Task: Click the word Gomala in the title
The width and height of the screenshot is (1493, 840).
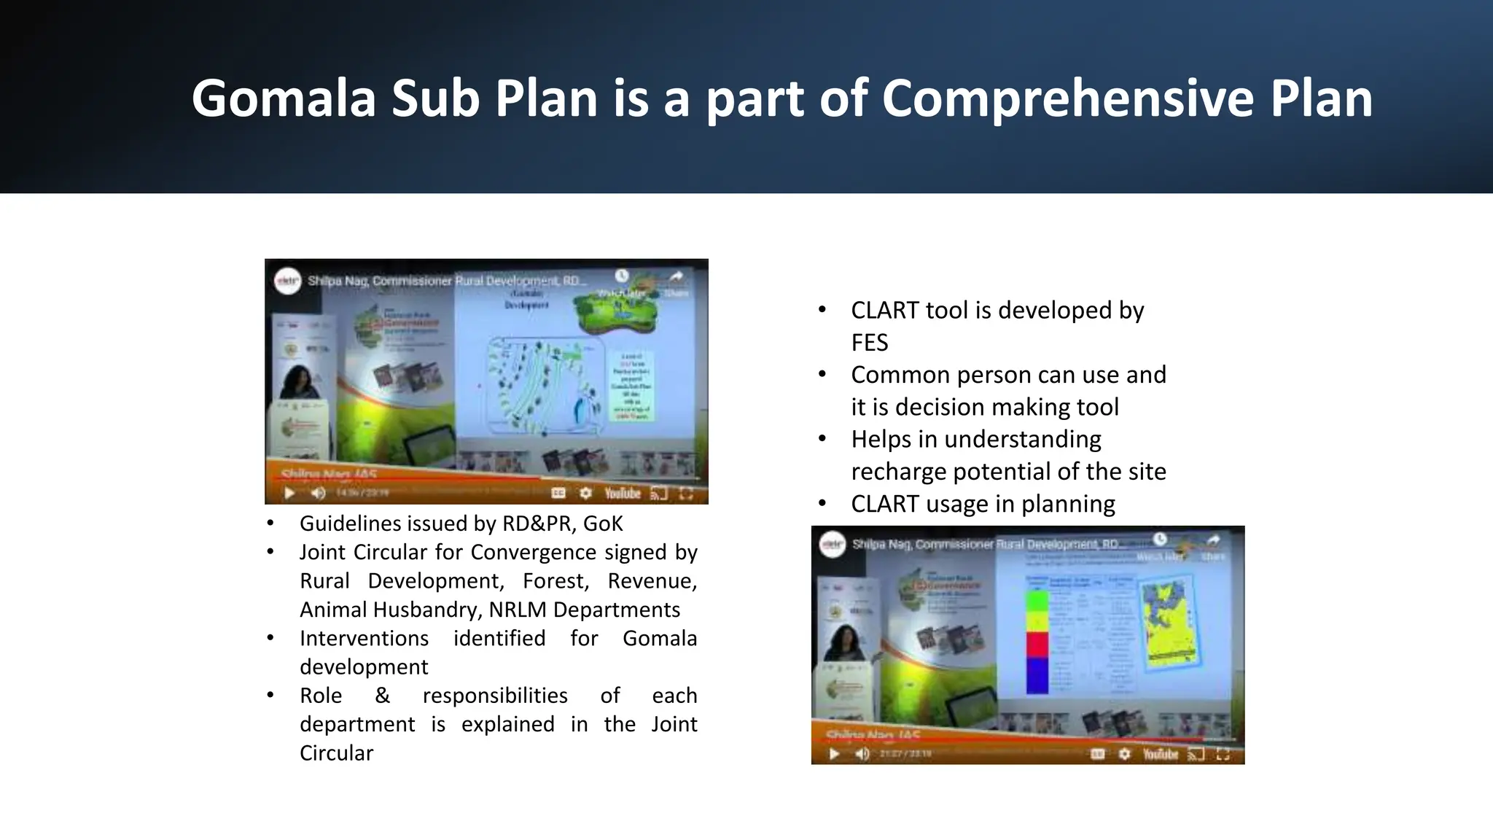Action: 283,98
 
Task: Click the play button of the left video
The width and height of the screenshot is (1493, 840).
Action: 289,494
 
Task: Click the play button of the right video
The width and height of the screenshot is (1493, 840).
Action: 835,754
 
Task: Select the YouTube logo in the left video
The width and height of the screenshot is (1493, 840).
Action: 622,494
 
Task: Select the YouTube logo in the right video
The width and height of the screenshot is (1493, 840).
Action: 1160,754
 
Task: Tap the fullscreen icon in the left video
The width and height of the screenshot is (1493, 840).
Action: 686,494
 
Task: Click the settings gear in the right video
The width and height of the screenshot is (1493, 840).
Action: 1124,754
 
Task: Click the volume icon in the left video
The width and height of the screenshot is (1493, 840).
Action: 318,494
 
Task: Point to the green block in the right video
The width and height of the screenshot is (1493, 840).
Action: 1037,602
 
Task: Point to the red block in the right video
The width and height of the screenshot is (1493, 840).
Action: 1037,645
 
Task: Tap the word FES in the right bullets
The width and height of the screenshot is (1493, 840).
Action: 869,343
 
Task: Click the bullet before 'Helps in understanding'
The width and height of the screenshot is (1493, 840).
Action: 822,439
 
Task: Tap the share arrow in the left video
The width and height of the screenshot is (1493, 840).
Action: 677,276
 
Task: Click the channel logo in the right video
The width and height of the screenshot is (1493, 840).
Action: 833,545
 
